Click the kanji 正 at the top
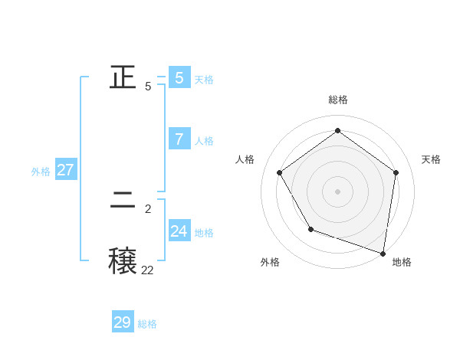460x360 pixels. (123, 77)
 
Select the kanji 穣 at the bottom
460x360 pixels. (123, 259)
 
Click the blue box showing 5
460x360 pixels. (179, 77)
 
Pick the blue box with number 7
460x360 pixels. (179, 139)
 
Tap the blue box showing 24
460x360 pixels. (179, 231)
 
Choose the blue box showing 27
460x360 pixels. (66, 169)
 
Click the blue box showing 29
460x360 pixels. (123, 322)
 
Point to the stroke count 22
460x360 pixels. (147, 270)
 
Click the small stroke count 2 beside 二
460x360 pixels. (148, 208)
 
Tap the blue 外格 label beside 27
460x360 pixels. (41, 172)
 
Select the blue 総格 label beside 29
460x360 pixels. (147, 324)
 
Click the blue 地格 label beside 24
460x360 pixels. (204, 233)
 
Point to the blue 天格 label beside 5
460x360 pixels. (204, 80)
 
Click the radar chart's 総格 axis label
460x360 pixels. (337, 100)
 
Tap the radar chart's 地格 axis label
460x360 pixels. (402, 262)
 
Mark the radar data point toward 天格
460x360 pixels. (396, 172)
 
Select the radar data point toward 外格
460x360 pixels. (310, 228)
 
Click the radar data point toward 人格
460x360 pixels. (279, 172)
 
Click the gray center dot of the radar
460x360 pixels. (337, 191)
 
